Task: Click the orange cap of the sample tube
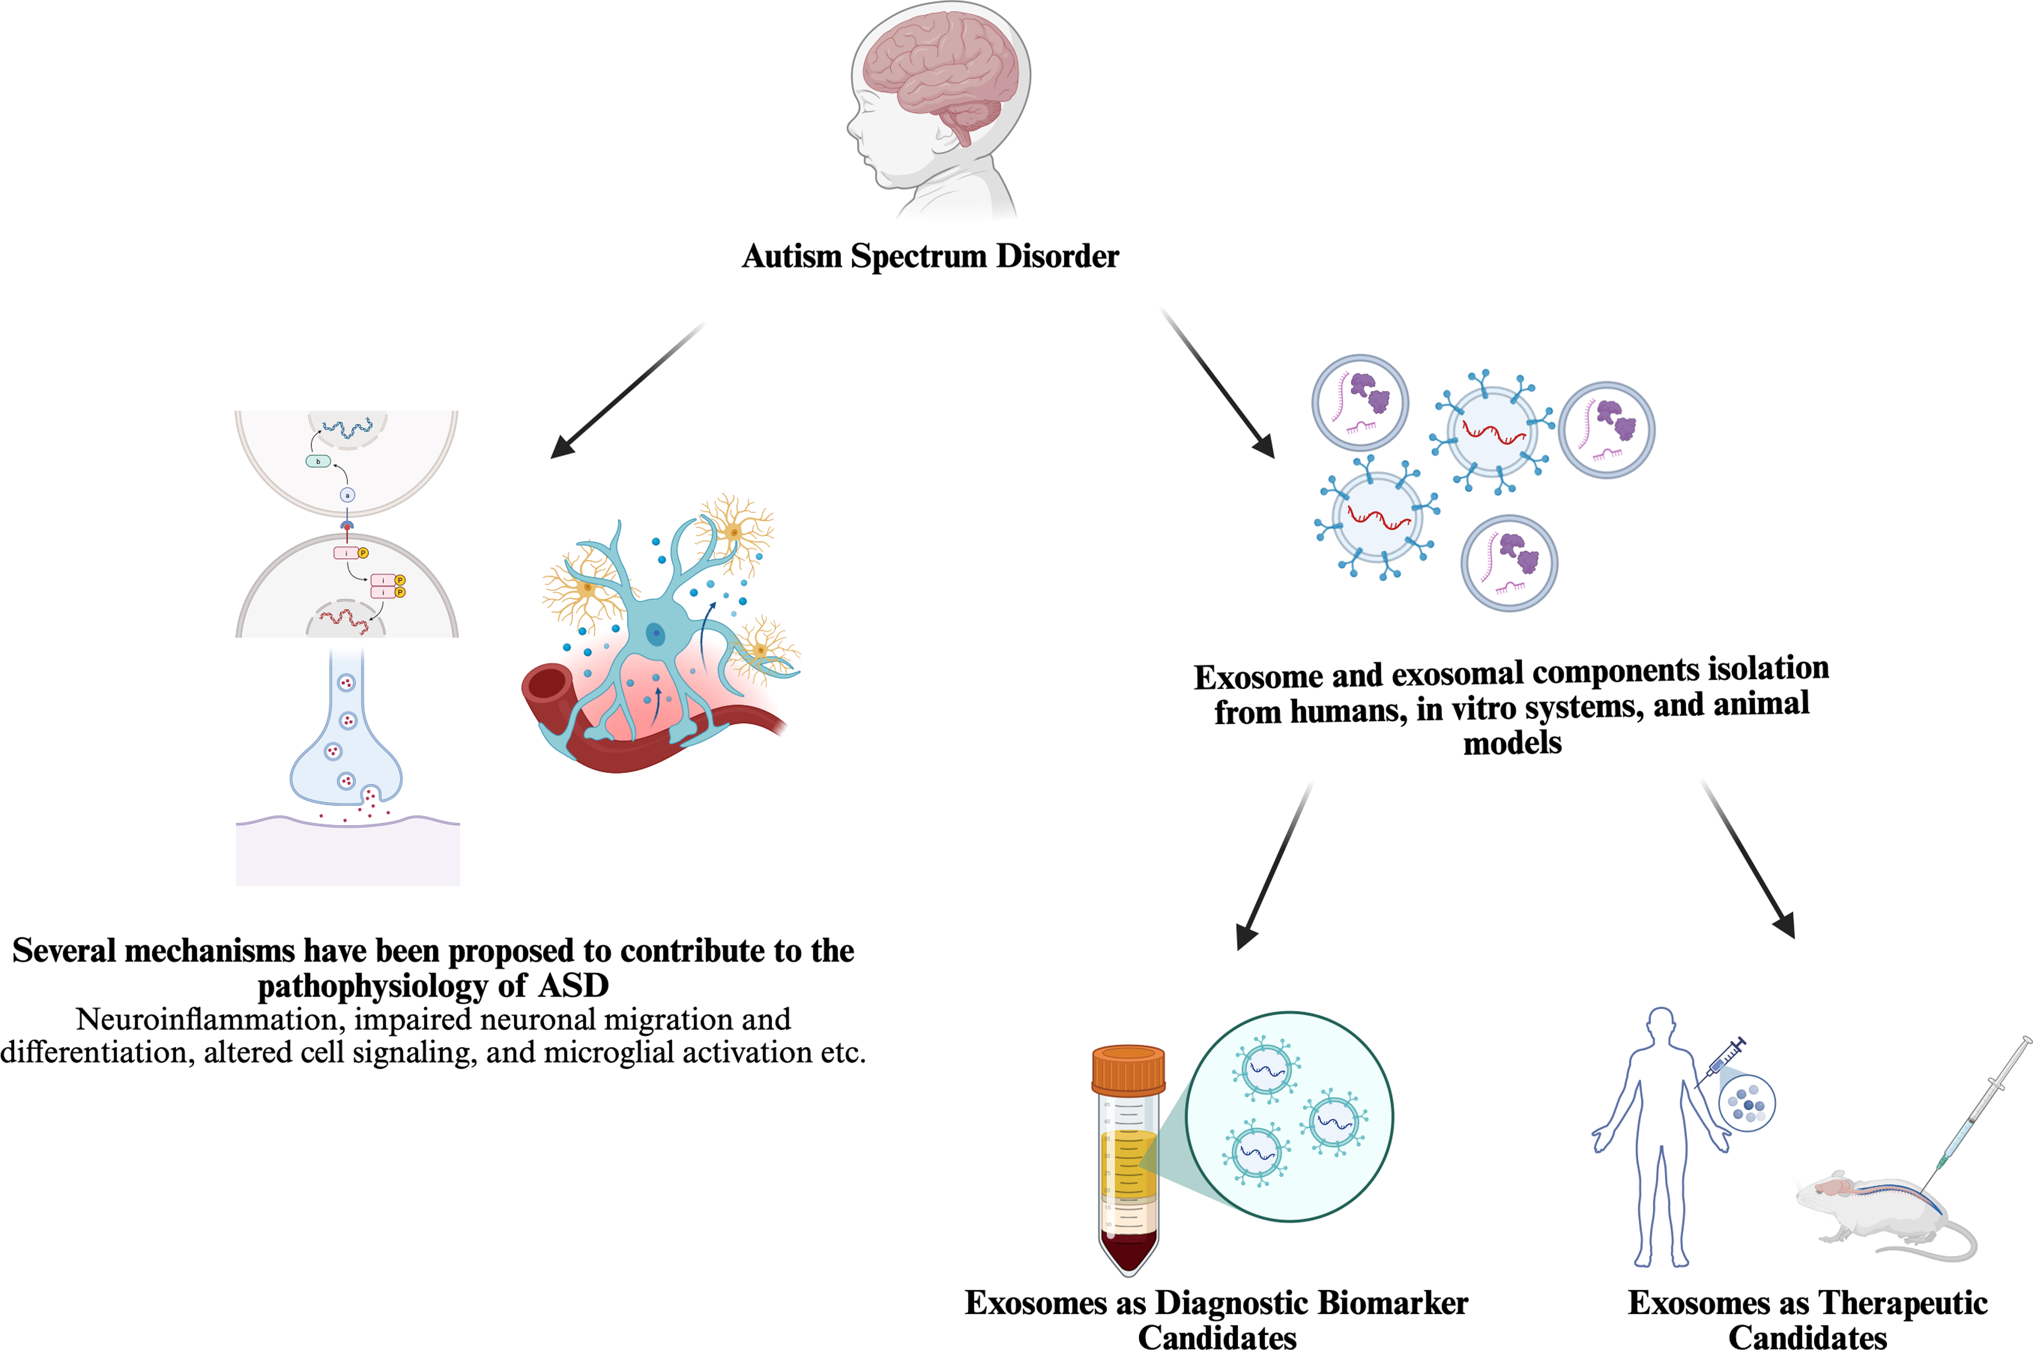[1128, 1068]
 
